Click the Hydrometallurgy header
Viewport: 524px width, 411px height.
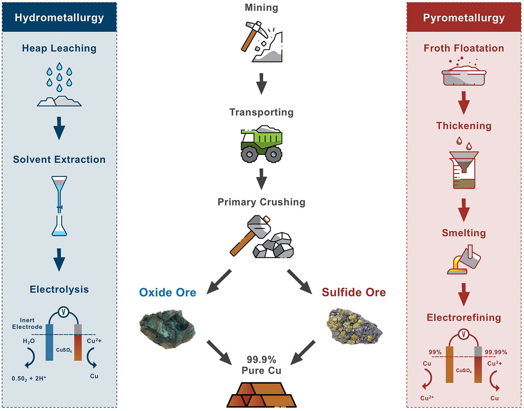[59, 18]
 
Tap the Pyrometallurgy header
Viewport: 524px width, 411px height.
[464, 18]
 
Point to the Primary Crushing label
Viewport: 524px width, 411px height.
[262, 202]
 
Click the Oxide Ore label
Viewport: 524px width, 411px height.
[167, 292]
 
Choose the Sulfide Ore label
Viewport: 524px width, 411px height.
[354, 292]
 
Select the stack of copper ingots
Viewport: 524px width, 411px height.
[262, 395]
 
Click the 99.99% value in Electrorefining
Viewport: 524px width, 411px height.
[496, 352]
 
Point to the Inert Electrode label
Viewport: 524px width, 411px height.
[27, 323]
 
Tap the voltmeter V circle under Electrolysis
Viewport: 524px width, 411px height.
[63, 312]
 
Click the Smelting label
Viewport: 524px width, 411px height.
[464, 233]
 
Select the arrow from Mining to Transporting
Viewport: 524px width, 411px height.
[262, 84]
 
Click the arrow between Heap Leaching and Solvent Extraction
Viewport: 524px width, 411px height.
[59, 128]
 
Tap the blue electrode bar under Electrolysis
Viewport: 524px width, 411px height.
[50, 342]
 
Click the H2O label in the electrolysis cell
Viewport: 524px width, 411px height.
[29, 341]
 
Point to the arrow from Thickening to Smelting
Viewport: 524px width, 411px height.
[464, 210]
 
